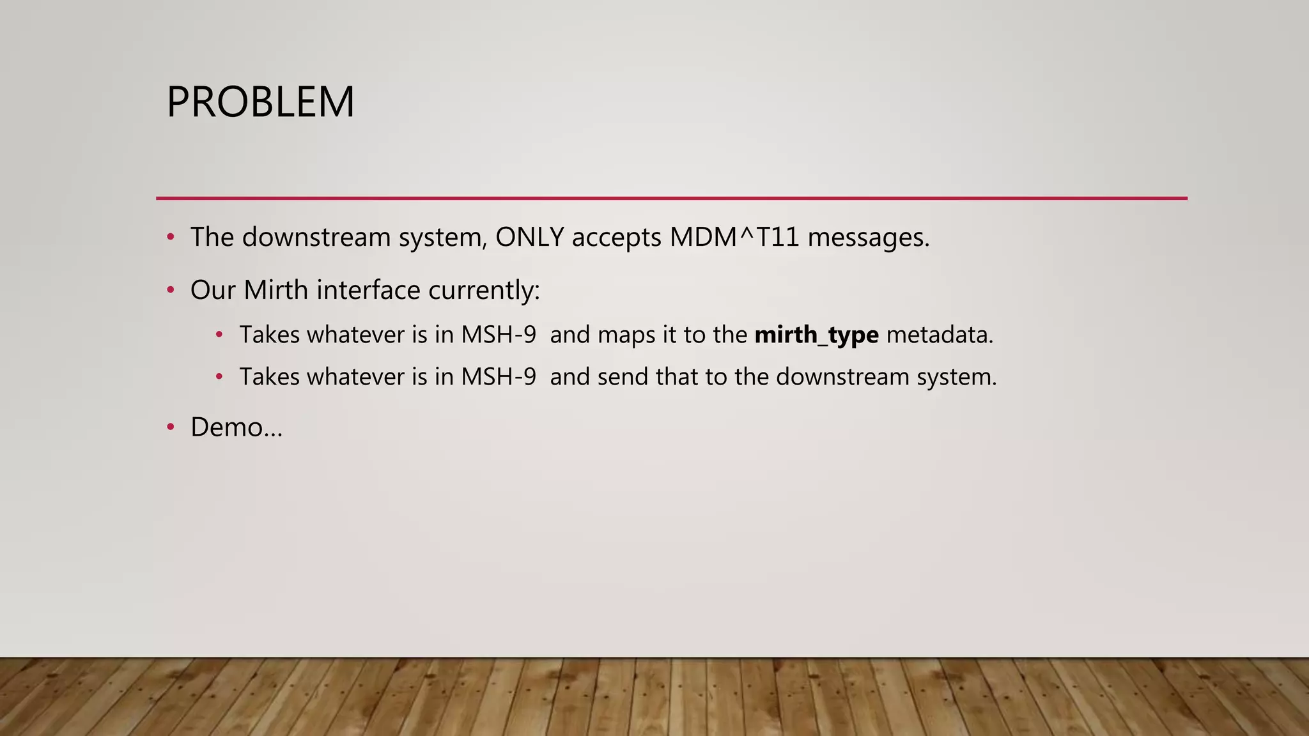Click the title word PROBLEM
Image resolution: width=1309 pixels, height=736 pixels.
[x=260, y=102]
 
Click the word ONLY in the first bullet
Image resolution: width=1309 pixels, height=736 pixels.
[x=529, y=237]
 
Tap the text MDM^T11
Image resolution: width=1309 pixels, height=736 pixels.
[x=734, y=237]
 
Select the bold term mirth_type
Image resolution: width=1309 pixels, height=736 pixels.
[x=816, y=335]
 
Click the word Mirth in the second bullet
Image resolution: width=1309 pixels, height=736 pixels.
[x=275, y=290]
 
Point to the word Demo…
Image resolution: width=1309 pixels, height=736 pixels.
[x=236, y=427]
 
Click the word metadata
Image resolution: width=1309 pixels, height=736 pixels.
[x=939, y=335]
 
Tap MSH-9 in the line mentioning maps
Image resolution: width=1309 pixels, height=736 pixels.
[x=499, y=335]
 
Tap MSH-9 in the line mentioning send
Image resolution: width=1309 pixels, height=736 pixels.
[x=499, y=377]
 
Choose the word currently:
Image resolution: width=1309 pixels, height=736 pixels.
[x=484, y=290]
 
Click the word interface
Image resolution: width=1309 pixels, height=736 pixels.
[x=368, y=290]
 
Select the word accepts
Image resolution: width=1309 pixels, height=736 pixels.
[x=616, y=238]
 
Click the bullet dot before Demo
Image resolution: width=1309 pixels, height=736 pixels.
[x=170, y=427]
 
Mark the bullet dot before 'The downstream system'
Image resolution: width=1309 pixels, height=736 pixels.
[x=170, y=237]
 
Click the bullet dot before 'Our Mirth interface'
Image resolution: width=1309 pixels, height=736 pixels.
[x=170, y=290]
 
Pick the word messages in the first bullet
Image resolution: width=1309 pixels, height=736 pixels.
[x=868, y=238]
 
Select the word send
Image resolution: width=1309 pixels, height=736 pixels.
[x=623, y=377]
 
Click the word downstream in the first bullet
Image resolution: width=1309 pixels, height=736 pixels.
[x=316, y=237]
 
